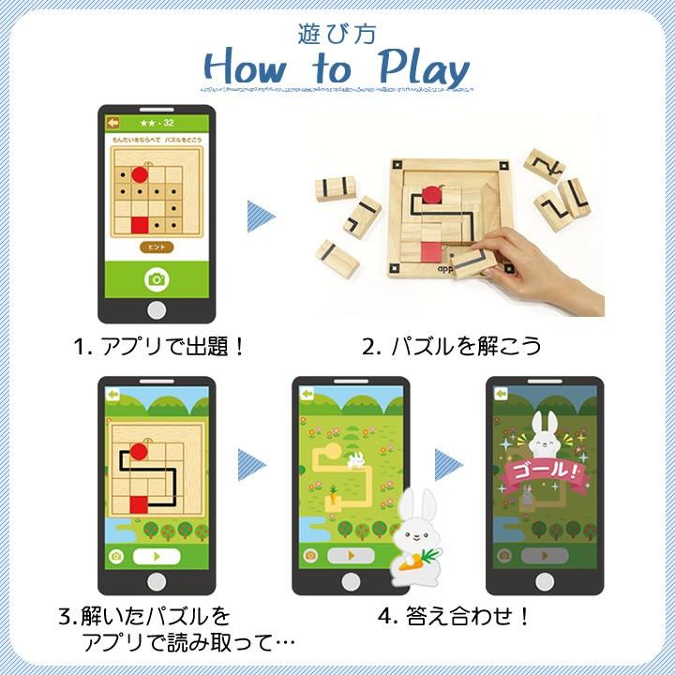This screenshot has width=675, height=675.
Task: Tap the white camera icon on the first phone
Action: (157, 278)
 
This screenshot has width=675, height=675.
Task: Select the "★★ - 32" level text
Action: (157, 122)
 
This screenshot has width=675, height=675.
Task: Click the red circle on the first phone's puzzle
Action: (140, 173)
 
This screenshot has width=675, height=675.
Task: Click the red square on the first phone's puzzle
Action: (140, 224)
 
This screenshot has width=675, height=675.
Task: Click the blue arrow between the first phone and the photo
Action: (260, 216)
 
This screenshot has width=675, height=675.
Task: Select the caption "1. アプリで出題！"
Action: (160, 346)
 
